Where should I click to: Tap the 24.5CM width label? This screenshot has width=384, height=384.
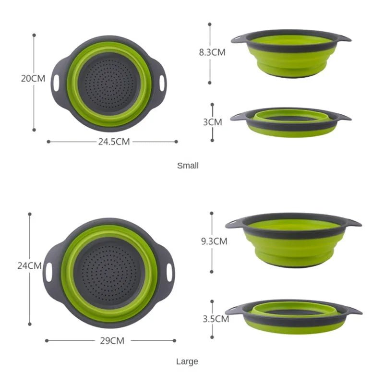click(x=113, y=142)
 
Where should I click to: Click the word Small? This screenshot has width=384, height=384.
click(x=188, y=166)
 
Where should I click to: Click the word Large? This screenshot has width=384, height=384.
click(x=187, y=361)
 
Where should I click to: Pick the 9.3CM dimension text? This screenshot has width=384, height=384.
click(x=214, y=241)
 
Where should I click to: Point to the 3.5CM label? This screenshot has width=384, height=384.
click(x=215, y=318)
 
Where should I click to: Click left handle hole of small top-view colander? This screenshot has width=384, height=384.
click(x=57, y=82)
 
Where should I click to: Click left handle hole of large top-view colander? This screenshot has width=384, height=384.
click(x=49, y=272)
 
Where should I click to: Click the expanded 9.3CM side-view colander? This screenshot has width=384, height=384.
click(x=293, y=239)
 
